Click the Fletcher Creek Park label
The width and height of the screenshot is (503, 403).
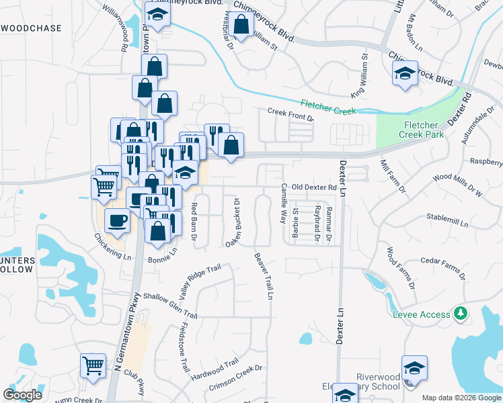coord(422,130)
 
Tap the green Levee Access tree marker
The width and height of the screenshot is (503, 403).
coord(461,314)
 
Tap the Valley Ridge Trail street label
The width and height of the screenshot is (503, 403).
coord(200,282)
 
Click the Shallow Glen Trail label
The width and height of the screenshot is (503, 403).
coord(170,306)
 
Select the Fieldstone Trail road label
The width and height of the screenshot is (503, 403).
coord(183,347)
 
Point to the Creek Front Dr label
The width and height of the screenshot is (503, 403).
coord(291,114)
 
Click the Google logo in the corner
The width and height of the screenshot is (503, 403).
coord(23,395)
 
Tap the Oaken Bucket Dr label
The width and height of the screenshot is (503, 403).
coord(233,222)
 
